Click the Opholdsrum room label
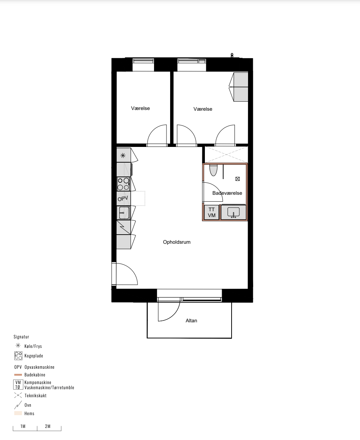click(x=177, y=242)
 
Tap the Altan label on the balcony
click(x=191, y=320)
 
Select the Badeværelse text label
click(x=227, y=193)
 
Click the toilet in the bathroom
click(x=213, y=170)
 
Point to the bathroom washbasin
click(x=233, y=212)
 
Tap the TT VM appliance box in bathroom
click(x=211, y=212)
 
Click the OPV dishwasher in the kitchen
click(x=124, y=198)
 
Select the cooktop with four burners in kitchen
click(x=123, y=184)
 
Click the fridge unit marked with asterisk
click(x=124, y=155)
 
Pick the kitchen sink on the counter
click(x=124, y=213)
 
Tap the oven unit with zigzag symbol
click(x=124, y=227)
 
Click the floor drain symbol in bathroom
click(x=237, y=179)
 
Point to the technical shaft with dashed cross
click(x=226, y=155)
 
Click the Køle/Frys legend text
click(x=33, y=346)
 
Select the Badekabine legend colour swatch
click(x=18, y=375)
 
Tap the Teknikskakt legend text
click(x=35, y=395)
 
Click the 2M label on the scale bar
click(x=48, y=426)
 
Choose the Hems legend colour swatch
click(x=18, y=413)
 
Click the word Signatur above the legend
click(x=21, y=337)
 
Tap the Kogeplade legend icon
click(x=18, y=356)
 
